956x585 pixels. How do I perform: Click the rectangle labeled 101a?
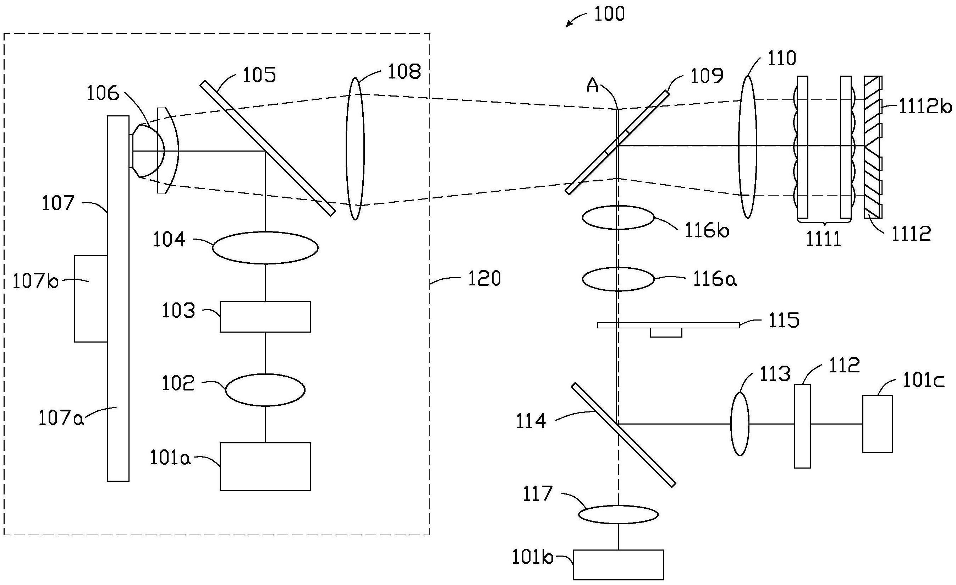(x=265, y=466)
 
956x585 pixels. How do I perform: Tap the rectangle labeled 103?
(x=265, y=316)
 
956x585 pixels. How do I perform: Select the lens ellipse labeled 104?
(x=265, y=248)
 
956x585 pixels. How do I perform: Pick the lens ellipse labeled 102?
(x=265, y=390)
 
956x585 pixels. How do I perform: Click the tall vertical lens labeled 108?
(x=355, y=149)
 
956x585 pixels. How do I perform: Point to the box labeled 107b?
(x=91, y=299)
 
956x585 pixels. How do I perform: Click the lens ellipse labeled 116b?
(x=618, y=217)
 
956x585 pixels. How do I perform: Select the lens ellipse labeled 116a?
(x=618, y=279)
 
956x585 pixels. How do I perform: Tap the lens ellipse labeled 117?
(x=618, y=514)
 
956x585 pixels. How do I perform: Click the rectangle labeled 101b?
(x=618, y=564)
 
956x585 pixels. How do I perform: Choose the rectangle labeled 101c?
(x=878, y=424)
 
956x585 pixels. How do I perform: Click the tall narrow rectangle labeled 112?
(x=802, y=426)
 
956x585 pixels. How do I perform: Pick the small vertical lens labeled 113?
(x=740, y=424)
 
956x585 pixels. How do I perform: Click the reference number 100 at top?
(x=609, y=14)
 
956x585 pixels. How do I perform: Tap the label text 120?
(x=484, y=279)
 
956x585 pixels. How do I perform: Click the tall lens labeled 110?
(x=747, y=147)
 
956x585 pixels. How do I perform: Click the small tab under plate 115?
(x=666, y=332)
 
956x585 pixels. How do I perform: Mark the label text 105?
(x=259, y=75)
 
